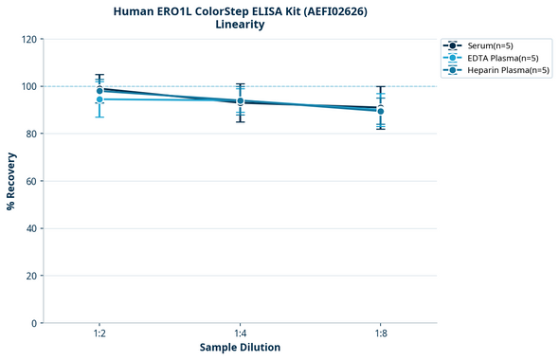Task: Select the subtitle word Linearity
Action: pos(240,25)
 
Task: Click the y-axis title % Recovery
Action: pos(11,180)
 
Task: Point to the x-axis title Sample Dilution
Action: pos(240,348)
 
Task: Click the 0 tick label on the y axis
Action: pos(33,323)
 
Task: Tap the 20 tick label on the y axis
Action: pos(30,276)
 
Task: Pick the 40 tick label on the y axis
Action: pos(30,228)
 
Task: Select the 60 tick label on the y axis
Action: pos(30,181)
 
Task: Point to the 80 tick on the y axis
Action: pos(30,134)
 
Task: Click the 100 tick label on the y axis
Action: pos(28,86)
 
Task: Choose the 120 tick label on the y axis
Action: pos(28,39)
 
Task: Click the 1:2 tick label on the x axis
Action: pos(99,334)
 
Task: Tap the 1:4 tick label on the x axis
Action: pos(240,334)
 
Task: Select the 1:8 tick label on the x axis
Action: pos(380,334)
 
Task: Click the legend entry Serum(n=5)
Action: pos(490,45)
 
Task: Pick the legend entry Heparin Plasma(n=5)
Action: pos(508,70)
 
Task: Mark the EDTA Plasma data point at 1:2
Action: pos(99,99)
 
